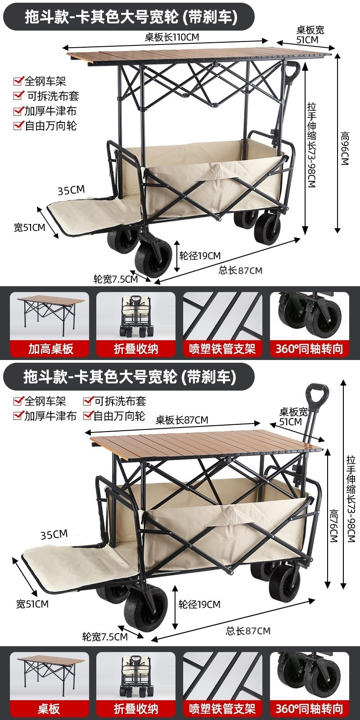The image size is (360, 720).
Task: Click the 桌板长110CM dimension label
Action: (171, 37)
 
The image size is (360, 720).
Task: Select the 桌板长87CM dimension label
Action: (182, 420)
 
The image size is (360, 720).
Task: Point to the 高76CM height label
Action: (333, 526)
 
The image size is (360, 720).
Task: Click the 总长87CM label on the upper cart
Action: (240, 270)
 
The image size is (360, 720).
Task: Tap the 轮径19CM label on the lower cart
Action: (199, 604)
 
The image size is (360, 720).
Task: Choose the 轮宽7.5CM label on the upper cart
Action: (116, 279)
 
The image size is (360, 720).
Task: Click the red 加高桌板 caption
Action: (50, 349)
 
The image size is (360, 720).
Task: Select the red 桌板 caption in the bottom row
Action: (49, 709)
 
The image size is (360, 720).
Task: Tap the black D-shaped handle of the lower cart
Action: (317, 394)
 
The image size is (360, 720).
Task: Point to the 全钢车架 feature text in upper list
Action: (45, 81)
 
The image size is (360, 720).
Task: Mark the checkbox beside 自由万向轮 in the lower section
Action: (88, 416)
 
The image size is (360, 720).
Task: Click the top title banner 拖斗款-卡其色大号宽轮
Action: (130, 17)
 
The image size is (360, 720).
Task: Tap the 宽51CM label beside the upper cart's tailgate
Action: (29, 227)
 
